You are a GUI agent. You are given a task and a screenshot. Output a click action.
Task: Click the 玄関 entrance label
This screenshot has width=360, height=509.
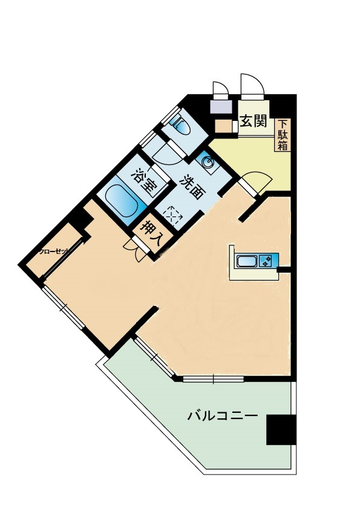click(254, 121)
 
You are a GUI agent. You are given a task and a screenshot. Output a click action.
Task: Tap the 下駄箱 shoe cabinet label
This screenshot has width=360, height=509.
click(283, 135)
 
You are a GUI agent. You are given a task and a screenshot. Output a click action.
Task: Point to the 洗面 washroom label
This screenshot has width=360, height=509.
click(191, 187)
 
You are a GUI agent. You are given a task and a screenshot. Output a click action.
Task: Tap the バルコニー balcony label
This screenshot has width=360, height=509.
click(223, 415)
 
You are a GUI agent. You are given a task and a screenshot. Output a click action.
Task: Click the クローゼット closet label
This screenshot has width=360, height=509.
click(54, 251)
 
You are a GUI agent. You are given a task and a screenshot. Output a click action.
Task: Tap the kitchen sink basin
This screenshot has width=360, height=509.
click(247, 261)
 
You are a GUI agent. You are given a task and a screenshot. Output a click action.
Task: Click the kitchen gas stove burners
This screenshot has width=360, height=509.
click(266, 261)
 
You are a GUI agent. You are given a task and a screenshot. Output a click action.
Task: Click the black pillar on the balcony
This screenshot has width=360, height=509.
click(281, 429)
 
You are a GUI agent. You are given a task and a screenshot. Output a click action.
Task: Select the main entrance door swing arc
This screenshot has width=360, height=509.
click(252, 86)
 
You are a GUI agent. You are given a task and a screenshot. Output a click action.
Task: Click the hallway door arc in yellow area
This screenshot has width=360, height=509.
click(257, 182)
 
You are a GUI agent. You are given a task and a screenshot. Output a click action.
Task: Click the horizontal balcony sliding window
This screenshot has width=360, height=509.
click(213, 379)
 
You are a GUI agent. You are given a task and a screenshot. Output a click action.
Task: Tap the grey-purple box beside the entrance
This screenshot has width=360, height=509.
click(221, 107)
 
